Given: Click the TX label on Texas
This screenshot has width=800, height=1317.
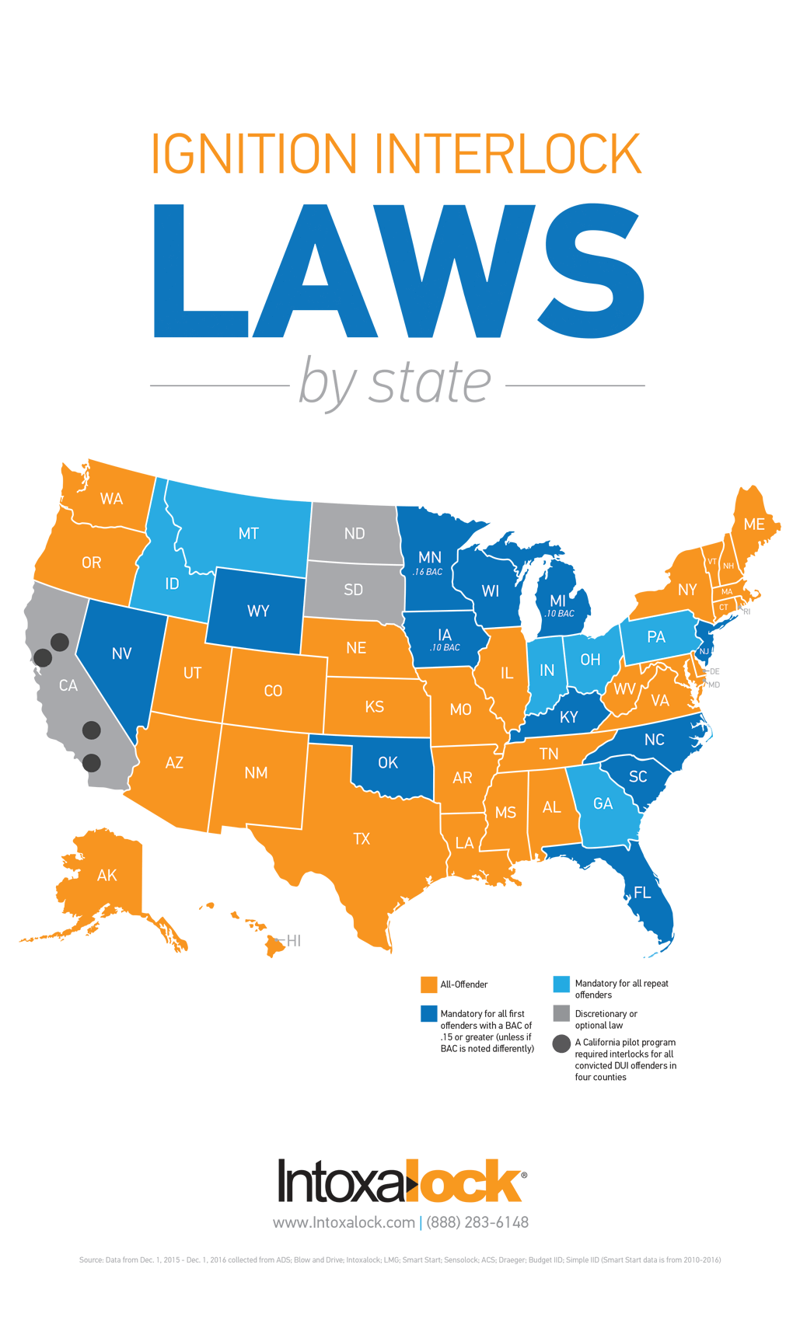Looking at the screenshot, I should pyautogui.click(x=362, y=839).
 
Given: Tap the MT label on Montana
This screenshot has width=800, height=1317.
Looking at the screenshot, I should pyautogui.click(x=249, y=534).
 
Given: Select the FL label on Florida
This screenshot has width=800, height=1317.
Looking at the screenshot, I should pyautogui.click(x=642, y=893).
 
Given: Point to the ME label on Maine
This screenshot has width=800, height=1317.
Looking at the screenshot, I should pyautogui.click(x=753, y=524).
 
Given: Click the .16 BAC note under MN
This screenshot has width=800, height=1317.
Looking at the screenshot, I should pyautogui.click(x=428, y=572).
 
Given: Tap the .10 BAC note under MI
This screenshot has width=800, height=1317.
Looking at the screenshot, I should pyautogui.click(x=560, y=614).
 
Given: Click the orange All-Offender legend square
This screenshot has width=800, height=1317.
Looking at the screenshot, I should pyautogui.click(x=428, y=984).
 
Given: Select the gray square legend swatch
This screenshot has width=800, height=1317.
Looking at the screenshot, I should pyautogui.click(x=561, y=1013).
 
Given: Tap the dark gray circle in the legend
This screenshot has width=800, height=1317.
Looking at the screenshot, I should pyautogui.click(x=561, y=1043).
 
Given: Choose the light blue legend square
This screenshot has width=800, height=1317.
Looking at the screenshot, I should pyautogui.click(x=561, y=984).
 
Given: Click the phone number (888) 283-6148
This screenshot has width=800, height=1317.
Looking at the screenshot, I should pyautogui.click(x=477, y=1222).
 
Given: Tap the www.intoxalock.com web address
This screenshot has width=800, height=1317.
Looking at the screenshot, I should pyautogui.click(x=344, y=1222).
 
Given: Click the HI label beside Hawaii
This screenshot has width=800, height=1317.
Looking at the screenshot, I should pyautogui.click(x=294, y=941).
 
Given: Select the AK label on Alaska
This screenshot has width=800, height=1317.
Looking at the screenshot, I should pyautogui.click(x=107, y=876).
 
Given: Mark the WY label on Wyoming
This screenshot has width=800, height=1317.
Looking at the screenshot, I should pyautogui.click(x=258, y=611).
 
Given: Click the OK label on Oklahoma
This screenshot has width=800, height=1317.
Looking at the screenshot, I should pyautogui.click(x=388, y=763).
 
